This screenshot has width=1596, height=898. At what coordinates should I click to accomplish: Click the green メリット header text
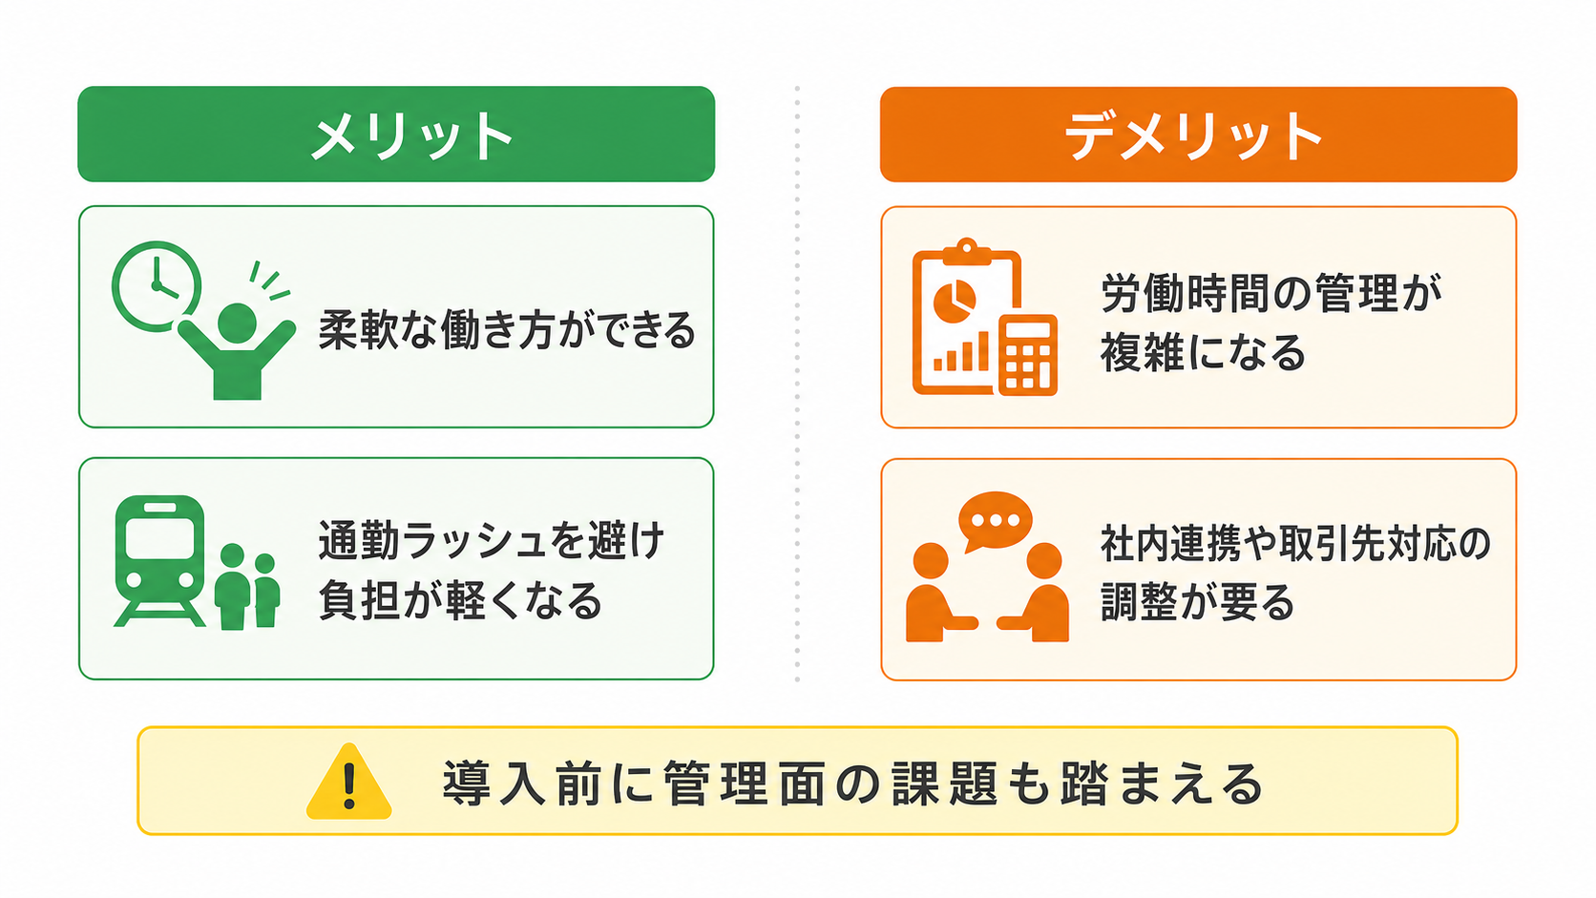click(411, 136)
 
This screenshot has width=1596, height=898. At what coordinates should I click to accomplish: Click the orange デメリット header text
click(1194, 136)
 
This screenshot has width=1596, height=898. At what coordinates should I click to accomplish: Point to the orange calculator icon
click(1027, 355)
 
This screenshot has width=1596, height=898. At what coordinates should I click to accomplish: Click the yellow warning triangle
click(349, 782)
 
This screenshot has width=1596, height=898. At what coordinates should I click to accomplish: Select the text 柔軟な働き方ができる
click(507, 330)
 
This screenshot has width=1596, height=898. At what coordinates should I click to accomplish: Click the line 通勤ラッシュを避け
click(492, 541)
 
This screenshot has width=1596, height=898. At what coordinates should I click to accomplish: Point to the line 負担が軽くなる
click(460, 600)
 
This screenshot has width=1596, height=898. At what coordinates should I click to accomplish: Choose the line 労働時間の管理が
click(1271, 293)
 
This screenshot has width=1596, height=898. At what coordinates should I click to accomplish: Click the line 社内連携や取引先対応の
click(1296, 544)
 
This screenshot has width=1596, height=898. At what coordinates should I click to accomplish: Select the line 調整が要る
click(1197, 602)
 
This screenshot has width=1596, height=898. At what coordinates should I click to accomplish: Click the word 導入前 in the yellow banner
click(521, 783)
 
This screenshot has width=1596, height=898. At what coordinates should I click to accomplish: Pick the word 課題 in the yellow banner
click(944, 783)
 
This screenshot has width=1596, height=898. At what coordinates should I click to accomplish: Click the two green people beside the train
click(247, 587)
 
